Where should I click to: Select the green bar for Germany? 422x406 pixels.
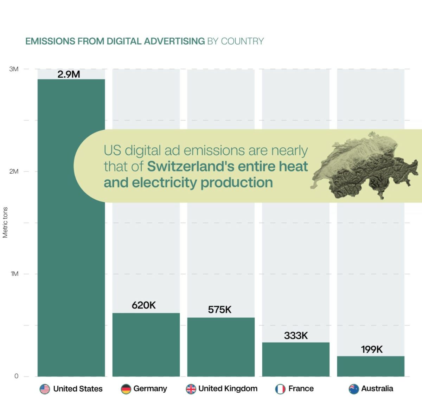pos(146,344)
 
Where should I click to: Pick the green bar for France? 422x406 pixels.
pos(296,359)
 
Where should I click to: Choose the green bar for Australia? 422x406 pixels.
pos(371,366)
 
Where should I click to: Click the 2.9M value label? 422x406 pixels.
pos(69,74)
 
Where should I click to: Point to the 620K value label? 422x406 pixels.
pos(143,305)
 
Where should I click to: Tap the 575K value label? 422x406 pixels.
pos(219,310)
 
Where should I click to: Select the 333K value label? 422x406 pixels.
pos(296,336)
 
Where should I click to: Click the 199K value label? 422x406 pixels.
pos(372,349)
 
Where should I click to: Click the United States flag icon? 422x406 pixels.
pos(45,389)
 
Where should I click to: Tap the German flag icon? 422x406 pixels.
pos(126,389)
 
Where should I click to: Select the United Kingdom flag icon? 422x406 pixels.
pos(191,389)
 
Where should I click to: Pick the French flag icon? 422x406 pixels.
pos(280,389)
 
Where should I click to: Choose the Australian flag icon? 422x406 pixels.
pos(354,389)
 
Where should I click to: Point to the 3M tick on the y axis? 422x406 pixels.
pos(14,69)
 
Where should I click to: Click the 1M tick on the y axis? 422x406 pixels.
pos(14,274)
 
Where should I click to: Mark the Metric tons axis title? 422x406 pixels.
pos(5,223)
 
